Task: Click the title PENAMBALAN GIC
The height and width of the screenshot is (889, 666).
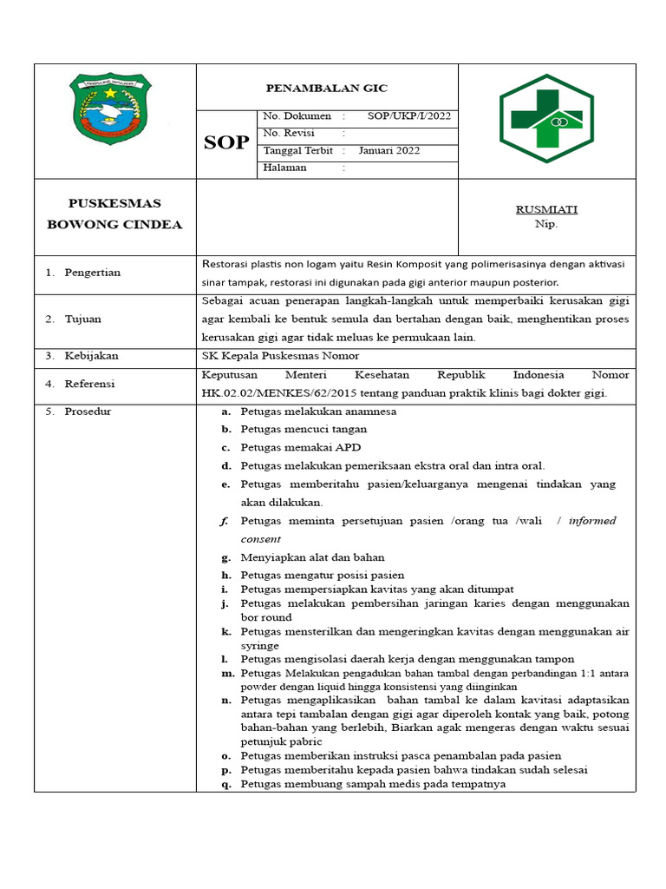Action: pos(326,89)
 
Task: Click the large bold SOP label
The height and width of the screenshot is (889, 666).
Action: pos(226,143)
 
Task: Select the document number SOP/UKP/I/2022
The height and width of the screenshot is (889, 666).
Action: pos(408,116)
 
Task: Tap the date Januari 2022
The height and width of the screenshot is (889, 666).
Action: pos(389,150)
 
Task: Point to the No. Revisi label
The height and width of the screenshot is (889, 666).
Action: pos(288,133)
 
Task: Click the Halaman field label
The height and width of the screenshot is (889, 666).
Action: pos(284,168)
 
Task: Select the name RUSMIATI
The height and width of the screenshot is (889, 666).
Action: pos(546,209)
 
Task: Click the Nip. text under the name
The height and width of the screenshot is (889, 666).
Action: pos(546,224)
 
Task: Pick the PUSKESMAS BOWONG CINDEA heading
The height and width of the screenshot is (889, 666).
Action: pos(114,214)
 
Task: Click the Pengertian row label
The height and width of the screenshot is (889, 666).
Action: pos(92,273)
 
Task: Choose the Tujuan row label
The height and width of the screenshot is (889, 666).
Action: pos(82,319)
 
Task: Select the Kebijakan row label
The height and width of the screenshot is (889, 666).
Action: pos(91,356)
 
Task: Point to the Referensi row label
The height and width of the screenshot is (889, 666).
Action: pos(89,384)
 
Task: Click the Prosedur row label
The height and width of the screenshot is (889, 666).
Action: pos(87,412)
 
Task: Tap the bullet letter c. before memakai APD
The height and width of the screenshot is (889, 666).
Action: pos(225,447)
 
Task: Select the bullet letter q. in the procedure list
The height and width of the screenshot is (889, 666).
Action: pos(225,784)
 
